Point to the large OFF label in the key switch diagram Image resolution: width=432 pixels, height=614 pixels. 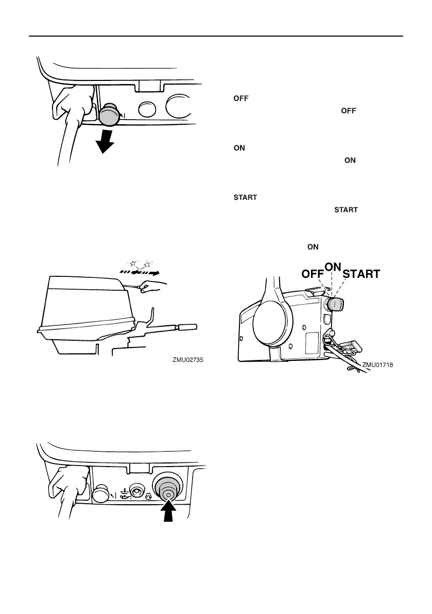coord(313,274)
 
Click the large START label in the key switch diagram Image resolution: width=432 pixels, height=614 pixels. coord(361,274)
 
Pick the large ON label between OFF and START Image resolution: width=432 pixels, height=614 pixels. coord(333,266)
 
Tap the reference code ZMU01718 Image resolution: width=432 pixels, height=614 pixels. coord(377,365)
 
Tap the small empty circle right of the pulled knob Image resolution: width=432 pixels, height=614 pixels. coord(146,110)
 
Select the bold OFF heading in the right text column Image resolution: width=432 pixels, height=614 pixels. coord(239,98)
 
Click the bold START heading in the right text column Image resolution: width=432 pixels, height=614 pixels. coord(245,197)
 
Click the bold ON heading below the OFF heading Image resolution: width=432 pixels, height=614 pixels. coord(239,148)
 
